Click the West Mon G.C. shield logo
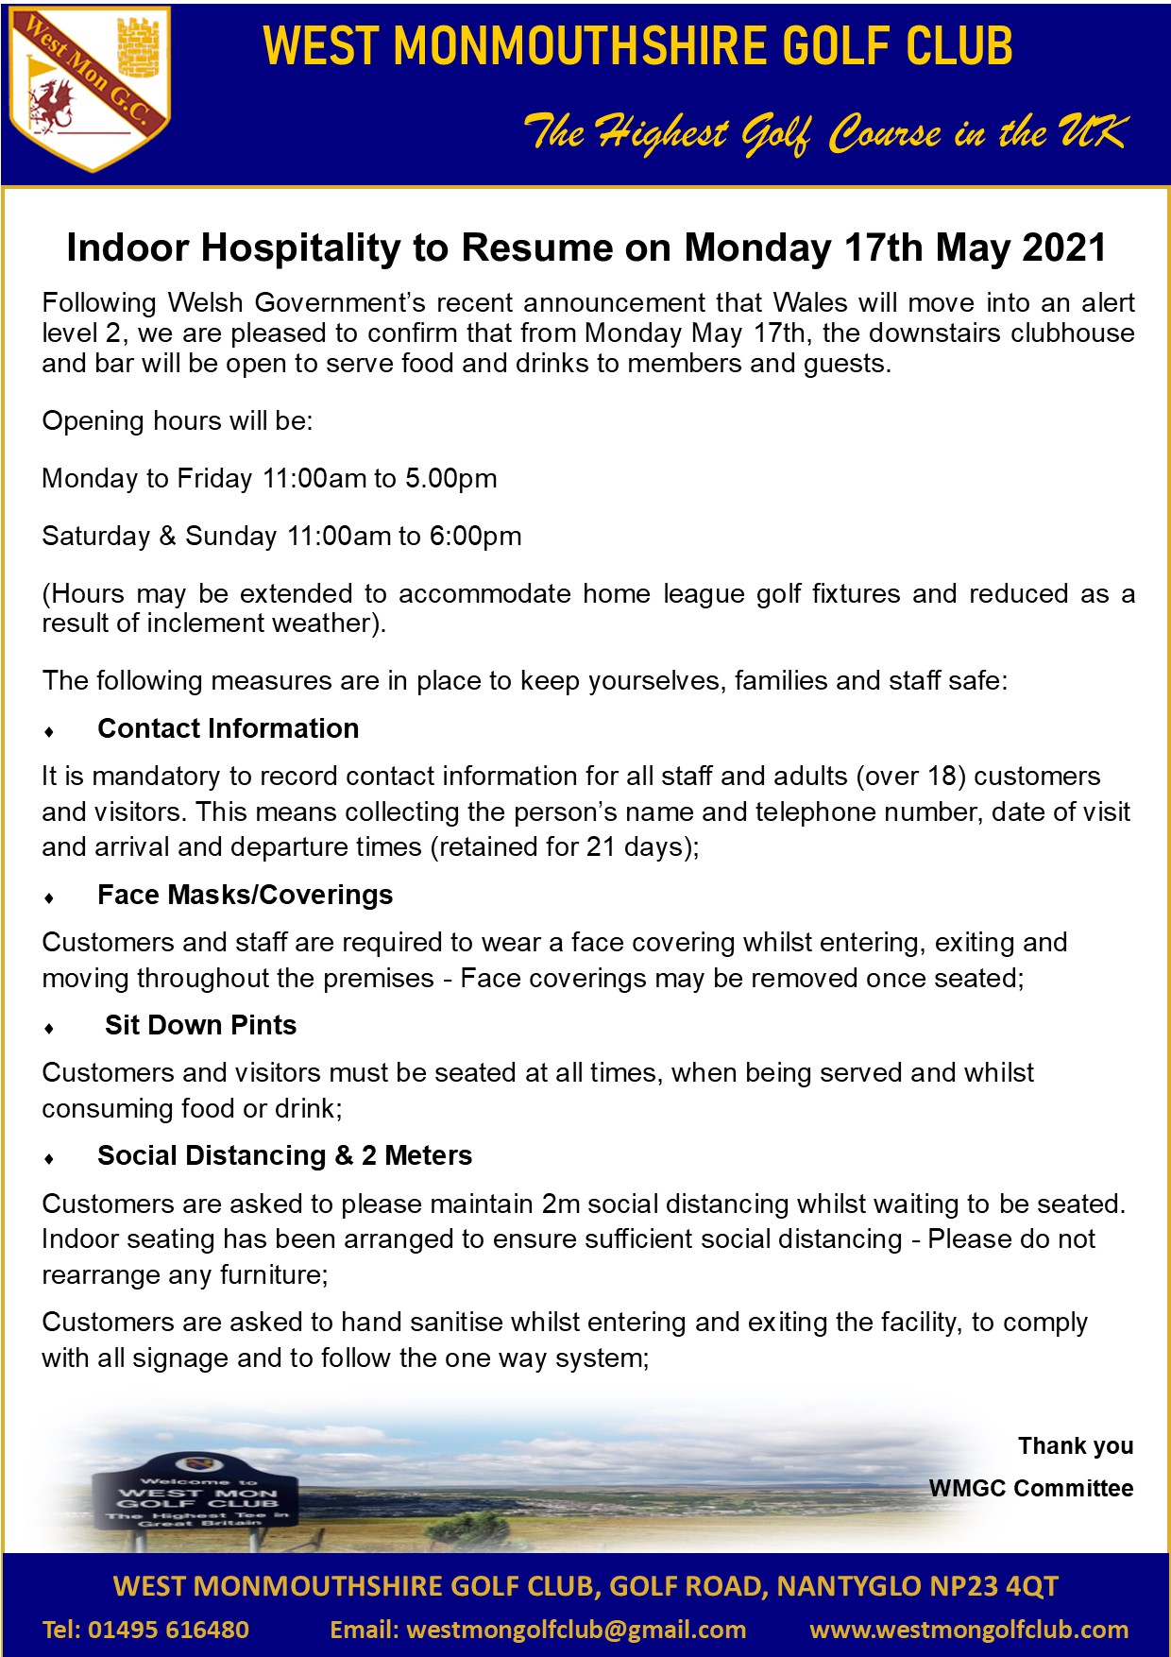tap(89, 90)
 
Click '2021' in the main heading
tap(1063, 248)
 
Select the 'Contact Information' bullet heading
tap(228, 728)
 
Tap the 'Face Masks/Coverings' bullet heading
tap(245, 895)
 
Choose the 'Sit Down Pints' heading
tap(200, 1025)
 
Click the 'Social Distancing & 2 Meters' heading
tap(284, 1155)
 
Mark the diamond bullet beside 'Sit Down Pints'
tap(49, 1028)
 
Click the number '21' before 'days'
tap(601, 846)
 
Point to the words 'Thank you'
tap(1075, 1445)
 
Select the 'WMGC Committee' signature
tap(1030, 1488)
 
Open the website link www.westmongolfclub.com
tap(969, 1630)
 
